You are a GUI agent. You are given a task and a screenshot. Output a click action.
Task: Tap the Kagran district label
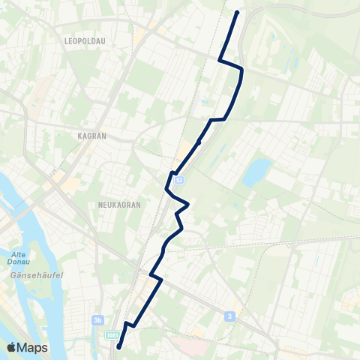pyautogui.click(x=92, y=136)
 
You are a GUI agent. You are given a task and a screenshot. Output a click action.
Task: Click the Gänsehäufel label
pyautogui.click(x=30, y=276)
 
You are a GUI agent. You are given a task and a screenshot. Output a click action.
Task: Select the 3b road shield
pyautogui.click(x=97, y=319)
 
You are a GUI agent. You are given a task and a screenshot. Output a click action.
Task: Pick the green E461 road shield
pyautogui.click(x=112, y=334)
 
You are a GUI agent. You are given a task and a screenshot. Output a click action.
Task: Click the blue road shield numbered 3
pyautogui.click(x=229, y=316)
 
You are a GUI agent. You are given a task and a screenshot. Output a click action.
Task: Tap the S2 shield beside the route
pyautogui.click(x=179, y=180)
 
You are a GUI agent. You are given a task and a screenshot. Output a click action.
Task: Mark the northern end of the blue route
pyautogui.click(x=237, y=13)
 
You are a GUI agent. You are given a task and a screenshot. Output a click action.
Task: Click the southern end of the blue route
pyautogui.click(x=118, y=346)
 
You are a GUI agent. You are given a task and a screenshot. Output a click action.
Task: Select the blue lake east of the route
pyautogui.click(x=256, y=173)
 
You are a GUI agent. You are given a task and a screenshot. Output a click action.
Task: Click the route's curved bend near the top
pyautogui.click(x=241, y=73)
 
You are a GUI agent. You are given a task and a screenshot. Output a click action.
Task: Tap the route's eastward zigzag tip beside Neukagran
pyautogui.click(x=188, y=203)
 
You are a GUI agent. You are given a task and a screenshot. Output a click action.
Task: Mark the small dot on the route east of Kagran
pyautogui.click(x=199, y=142)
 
